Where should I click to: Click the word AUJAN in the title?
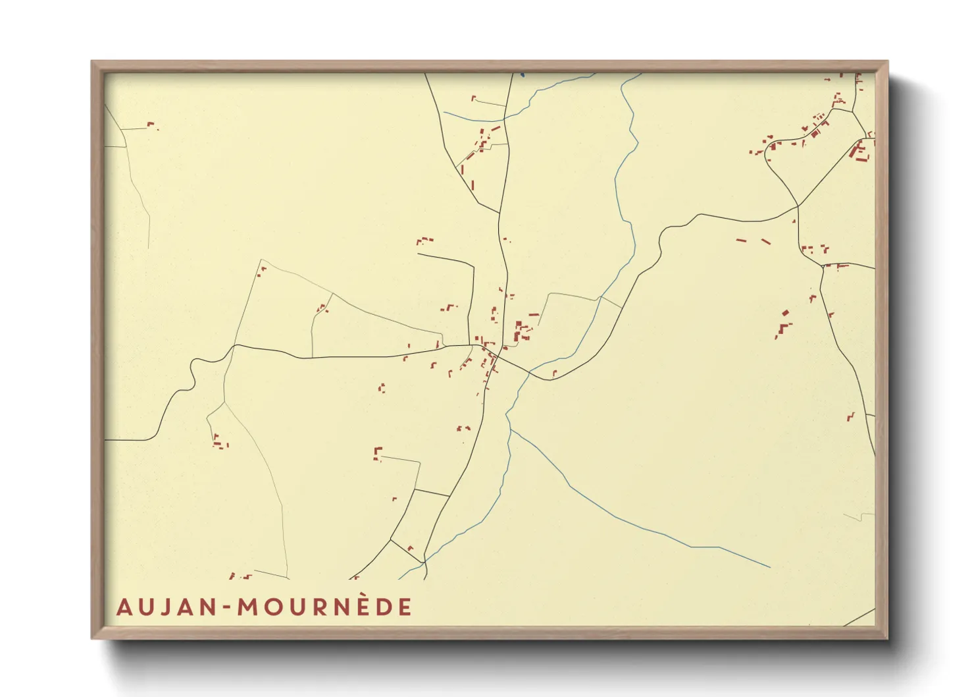point(165,607)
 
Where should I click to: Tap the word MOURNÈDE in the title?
point(324,607)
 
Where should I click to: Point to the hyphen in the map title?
point(226,608)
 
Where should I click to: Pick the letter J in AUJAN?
point(161,607)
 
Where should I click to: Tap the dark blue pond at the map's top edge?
point(522,74)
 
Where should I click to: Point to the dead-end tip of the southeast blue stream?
point(769,567)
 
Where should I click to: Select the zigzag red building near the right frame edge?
point(850,416)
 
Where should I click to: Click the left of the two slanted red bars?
point(741,240)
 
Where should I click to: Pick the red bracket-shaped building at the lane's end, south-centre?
point(377,453)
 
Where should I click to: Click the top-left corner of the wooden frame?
point(92,62)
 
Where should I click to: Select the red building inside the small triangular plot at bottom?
point(409,547)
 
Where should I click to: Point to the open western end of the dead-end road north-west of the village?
point(419,254)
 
